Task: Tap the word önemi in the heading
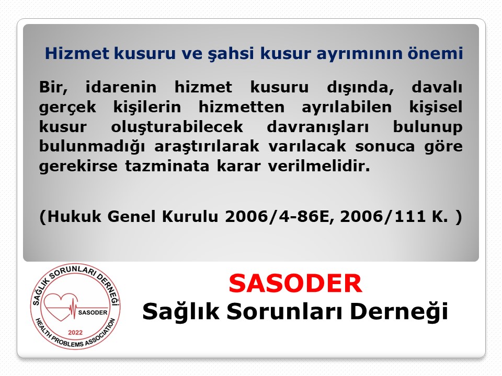tap(440, 53)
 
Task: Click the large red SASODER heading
tap(295, 284)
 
